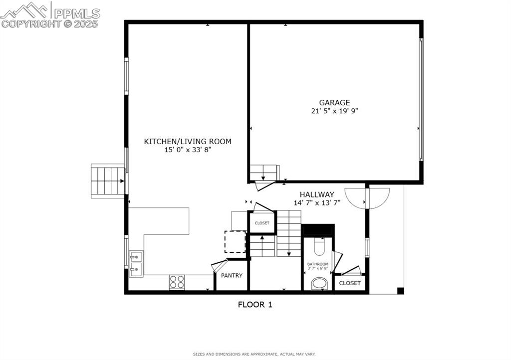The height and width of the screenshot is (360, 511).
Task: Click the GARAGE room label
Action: (x=334, y=103)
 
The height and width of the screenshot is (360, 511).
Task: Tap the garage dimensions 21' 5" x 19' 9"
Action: (x=334, y=111)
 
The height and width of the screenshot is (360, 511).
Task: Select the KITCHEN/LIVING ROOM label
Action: (x=188, y=142)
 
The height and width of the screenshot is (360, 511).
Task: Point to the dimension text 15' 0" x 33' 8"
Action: (x=188, y=150)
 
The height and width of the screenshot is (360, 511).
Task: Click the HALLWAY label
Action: (x=317, y=194)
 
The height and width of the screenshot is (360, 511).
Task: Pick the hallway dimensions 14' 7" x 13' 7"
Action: (x=317, y=202)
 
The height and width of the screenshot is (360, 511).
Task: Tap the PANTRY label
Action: (x=232, y=275)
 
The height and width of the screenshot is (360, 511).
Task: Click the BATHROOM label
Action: (x=318, y=264)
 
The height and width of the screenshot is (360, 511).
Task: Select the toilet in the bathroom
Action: (x=319, y=246)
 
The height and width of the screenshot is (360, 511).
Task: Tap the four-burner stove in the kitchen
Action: (x=177, y=282)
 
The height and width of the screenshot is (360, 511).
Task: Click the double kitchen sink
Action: (x=135, y=264)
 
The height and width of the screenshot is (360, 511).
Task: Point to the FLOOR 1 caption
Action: (x=255, y=304)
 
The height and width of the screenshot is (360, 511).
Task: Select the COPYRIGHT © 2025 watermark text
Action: (x=50, y=23)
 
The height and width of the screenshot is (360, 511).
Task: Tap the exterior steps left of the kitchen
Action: (x=107, y=181)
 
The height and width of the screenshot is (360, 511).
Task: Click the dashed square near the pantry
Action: (x=235, y=242)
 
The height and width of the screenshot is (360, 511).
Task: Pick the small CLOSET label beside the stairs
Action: (x=262, y=223)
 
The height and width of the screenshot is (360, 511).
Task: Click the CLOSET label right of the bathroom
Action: (x=350, y=283)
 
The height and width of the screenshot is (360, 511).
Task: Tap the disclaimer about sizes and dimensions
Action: (x=255, y=354)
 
